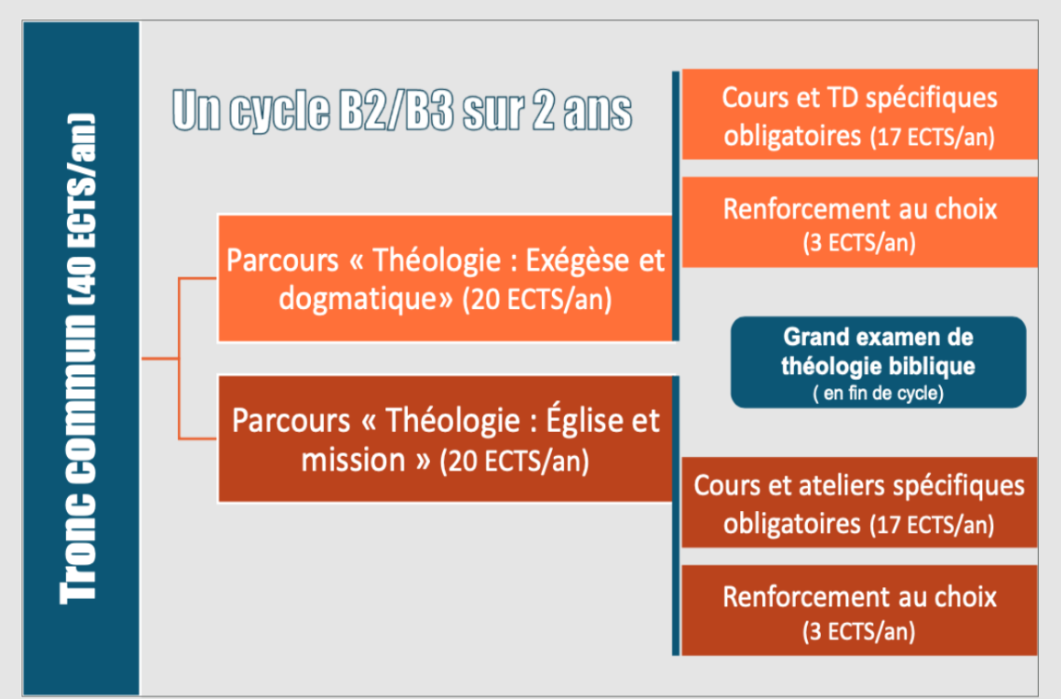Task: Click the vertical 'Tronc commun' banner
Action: coord(82,358)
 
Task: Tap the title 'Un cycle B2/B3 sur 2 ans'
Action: coord(402,110)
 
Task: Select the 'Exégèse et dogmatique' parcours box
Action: coord(446,278)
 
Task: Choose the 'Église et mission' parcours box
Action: coord(446,438)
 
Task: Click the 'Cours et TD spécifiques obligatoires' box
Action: coord(859,115)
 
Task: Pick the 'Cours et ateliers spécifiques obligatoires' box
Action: coord(859,502)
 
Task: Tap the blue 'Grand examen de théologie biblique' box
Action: coord(879,362)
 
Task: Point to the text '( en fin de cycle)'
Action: coord(879,394)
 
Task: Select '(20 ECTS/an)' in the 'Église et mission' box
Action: coord(514,461)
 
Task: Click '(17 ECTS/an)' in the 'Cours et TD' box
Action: coord(933,138)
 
